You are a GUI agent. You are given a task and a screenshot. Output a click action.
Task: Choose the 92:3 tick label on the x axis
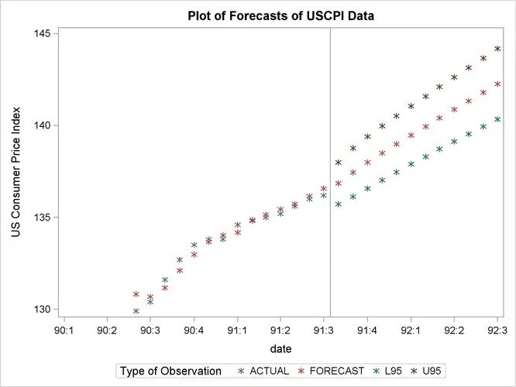click(497, 330)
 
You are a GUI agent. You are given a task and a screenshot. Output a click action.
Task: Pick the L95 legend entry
click(392, 372)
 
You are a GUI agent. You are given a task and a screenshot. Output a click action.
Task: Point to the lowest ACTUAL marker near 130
click(136, 311)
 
